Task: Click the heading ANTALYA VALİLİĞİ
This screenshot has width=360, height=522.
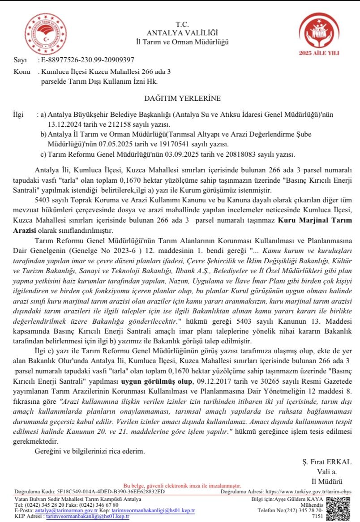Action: tap(182, 33)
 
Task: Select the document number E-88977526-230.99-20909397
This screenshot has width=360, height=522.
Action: tap(87, 60)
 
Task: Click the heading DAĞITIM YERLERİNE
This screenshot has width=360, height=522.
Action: tap(182, 98)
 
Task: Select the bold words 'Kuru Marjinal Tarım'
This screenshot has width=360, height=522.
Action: tap(316, 220)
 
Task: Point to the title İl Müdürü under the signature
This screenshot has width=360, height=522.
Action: tap(327, 481)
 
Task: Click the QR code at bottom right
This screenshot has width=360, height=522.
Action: tap(339, 509)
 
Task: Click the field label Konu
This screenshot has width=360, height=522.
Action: tap(22, 72)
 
